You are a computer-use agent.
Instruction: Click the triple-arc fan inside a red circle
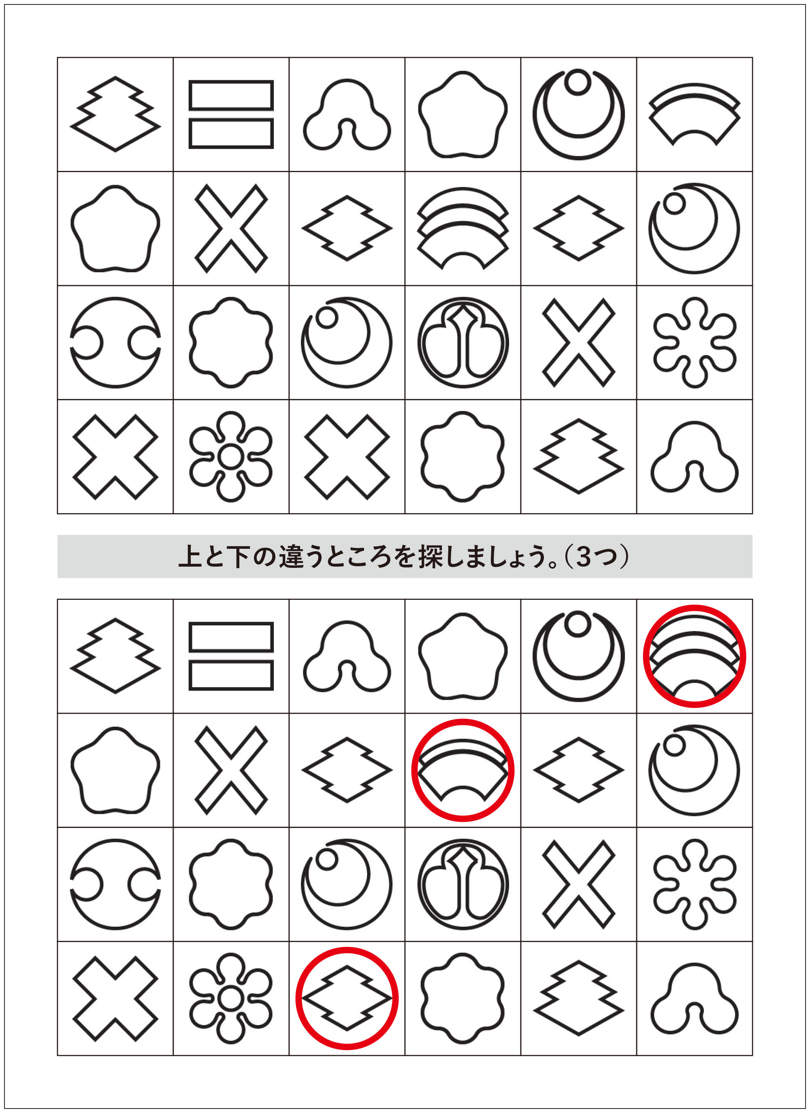point(694,658)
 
